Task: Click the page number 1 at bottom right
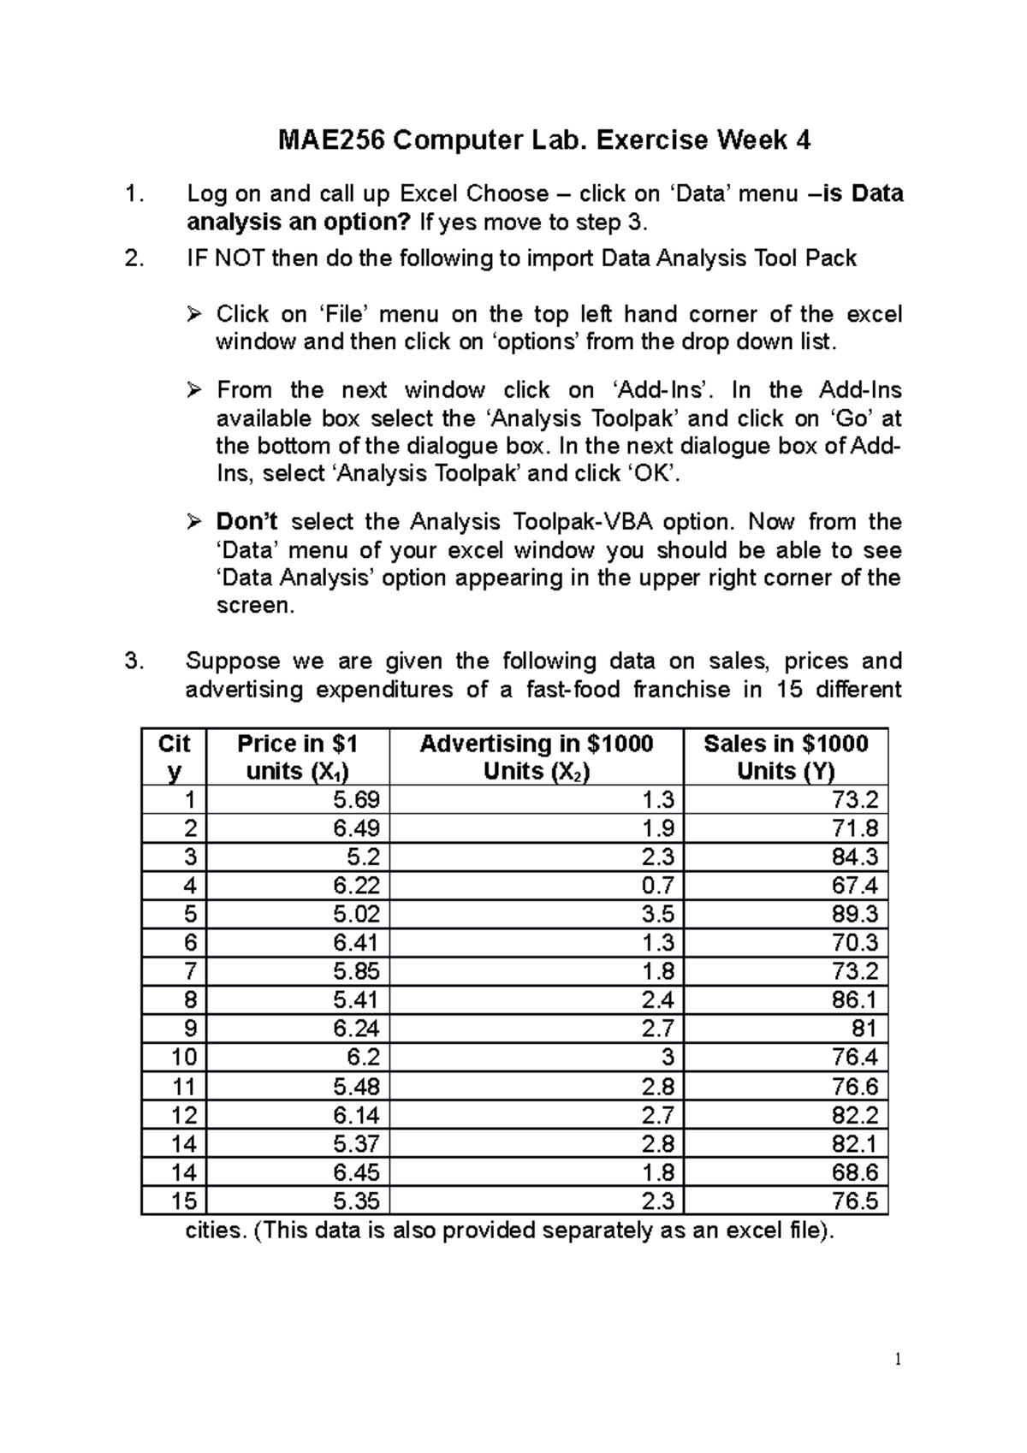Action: pos(897,1360)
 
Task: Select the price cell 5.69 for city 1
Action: pos(356,800)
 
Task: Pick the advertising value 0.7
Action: pos(657,886)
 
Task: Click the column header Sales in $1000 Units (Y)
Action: pos(785,757)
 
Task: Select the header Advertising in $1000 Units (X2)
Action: pos(536,757)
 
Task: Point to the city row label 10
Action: pos(184,1057)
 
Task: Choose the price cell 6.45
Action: pos(356,1171)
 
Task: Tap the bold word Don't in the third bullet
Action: pos(246,522)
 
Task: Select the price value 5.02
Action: pos(356,914)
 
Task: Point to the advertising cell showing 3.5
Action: pos(657,914)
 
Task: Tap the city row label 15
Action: pos(184,1201)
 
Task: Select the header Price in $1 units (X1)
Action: pos(297,757)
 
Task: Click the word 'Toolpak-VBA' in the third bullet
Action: pos(584,522)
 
